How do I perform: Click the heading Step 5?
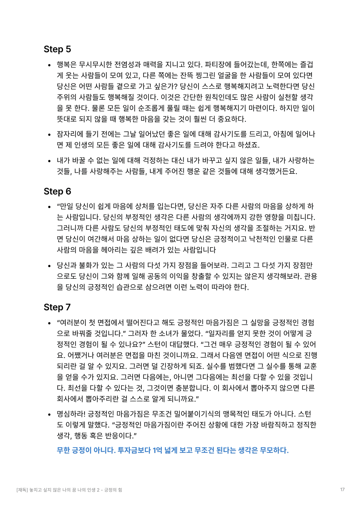57,49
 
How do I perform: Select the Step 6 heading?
57,191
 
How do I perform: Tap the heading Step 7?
57,307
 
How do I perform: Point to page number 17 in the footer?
342,490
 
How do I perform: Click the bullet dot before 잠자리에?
50,135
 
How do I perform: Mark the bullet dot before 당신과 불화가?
50,266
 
